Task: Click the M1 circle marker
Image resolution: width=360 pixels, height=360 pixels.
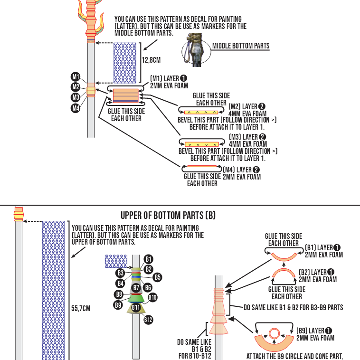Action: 76,76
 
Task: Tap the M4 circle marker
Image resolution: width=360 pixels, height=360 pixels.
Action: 76,108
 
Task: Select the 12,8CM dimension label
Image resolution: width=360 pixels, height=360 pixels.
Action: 151,60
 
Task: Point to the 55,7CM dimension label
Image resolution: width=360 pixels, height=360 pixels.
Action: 81,309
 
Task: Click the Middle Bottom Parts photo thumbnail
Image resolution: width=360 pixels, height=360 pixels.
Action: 196,48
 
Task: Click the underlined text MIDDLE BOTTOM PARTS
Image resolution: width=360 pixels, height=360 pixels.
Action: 241,46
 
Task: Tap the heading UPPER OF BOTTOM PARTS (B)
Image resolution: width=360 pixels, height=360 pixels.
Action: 168,215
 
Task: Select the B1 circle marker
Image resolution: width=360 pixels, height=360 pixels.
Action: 149,259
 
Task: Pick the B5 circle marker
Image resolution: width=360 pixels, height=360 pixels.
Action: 158,277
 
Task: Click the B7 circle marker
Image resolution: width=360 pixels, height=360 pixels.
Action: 136,288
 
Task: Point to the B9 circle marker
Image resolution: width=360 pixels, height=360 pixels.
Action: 118,305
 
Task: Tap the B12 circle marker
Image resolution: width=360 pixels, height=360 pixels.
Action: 148,320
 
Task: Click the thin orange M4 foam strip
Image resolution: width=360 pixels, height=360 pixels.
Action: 202,166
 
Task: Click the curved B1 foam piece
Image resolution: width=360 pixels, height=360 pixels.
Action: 284,257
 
